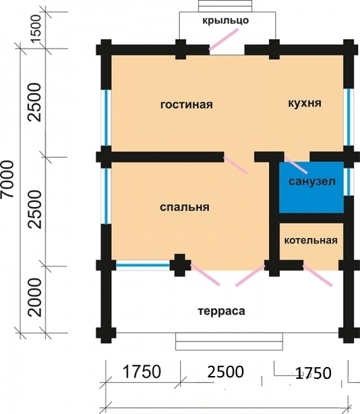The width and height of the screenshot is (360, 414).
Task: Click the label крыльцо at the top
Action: (x=225, y=21)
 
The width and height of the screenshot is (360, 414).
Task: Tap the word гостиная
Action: (x=186, y=105)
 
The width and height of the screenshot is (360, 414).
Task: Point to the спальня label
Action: (x=184, y=207)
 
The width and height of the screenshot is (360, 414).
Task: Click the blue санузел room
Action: (x=311, y=186)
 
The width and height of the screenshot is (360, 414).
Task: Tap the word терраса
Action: (x=222, y=311)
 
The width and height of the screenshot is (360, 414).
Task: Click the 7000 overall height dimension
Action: (x=8, y=180)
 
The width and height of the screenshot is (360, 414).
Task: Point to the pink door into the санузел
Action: (x=297, y=166)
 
